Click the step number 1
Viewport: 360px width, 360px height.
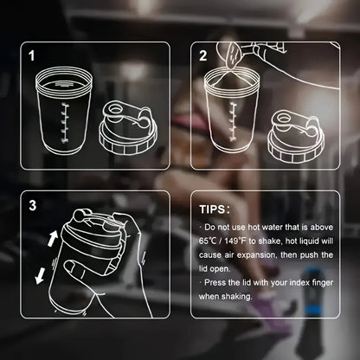[32, 58]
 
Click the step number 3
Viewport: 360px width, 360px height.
[32, 206]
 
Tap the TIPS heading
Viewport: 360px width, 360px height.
[215, 209]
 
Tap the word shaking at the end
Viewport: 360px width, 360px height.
[236, 296]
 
